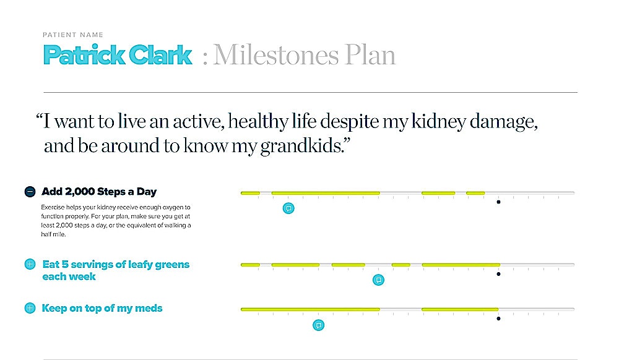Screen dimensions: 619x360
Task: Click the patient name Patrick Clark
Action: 118,55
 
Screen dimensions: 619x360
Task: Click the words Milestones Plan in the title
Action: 305,55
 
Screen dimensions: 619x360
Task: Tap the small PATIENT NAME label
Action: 73,35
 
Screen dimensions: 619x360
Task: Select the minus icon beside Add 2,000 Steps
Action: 30,192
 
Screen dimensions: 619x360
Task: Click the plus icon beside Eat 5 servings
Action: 30,264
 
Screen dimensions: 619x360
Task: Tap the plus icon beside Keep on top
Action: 30,308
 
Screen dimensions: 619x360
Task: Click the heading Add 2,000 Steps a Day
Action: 99,192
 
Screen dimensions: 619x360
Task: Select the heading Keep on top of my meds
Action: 102,308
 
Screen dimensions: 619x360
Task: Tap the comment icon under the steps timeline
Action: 288,208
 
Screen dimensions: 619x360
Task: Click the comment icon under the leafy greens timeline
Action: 378,280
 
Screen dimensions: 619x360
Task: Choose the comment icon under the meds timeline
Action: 319,325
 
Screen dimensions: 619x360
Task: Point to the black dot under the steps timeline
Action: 498,202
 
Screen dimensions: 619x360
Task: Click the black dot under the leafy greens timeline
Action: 498,274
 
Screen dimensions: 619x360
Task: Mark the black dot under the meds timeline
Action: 498,319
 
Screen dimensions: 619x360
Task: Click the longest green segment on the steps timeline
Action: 326,193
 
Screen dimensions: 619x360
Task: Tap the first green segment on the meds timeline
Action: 310,309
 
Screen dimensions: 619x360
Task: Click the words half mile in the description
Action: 53,234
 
